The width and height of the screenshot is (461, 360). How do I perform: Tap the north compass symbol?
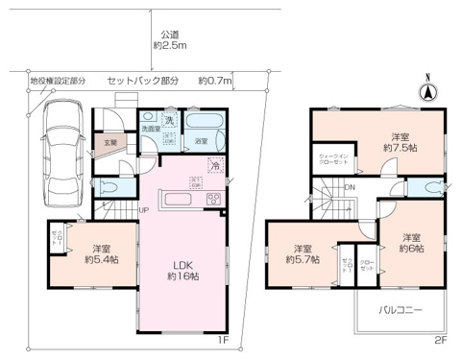[429, 93]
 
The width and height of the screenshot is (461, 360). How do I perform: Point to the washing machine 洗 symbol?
[170, 120]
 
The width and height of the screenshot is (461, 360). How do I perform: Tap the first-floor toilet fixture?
[108, 186]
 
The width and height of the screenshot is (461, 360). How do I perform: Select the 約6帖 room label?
[412, 243]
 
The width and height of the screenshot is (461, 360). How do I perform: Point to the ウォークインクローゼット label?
[333, 159]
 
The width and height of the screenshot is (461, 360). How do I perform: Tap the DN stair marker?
[350, 187]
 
